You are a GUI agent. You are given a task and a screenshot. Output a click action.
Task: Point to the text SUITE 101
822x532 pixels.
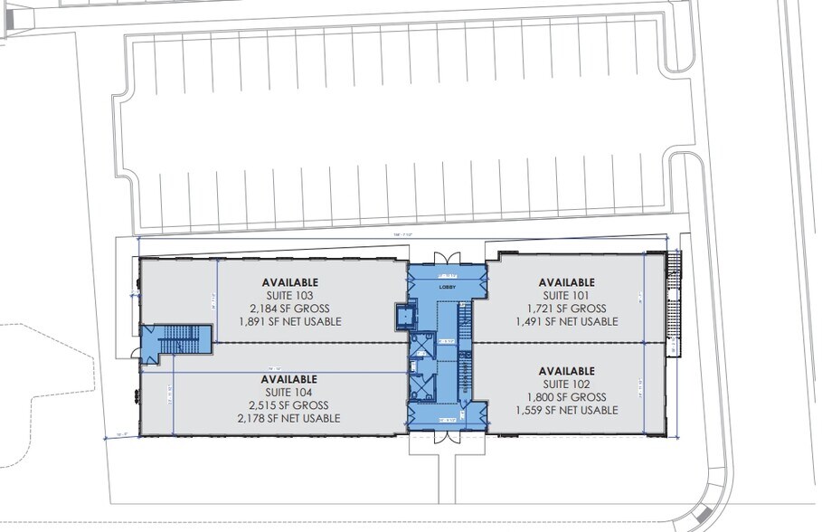567,294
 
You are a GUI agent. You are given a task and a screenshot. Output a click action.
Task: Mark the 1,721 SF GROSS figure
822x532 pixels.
567,308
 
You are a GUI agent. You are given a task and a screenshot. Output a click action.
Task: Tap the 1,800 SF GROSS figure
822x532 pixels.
567,396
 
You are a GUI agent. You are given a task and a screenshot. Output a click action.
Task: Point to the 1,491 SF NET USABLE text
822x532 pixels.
567,321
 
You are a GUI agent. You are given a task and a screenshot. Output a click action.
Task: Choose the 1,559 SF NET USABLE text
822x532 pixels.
567,410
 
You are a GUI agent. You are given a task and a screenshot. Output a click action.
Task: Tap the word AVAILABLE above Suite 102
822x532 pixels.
567,370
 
